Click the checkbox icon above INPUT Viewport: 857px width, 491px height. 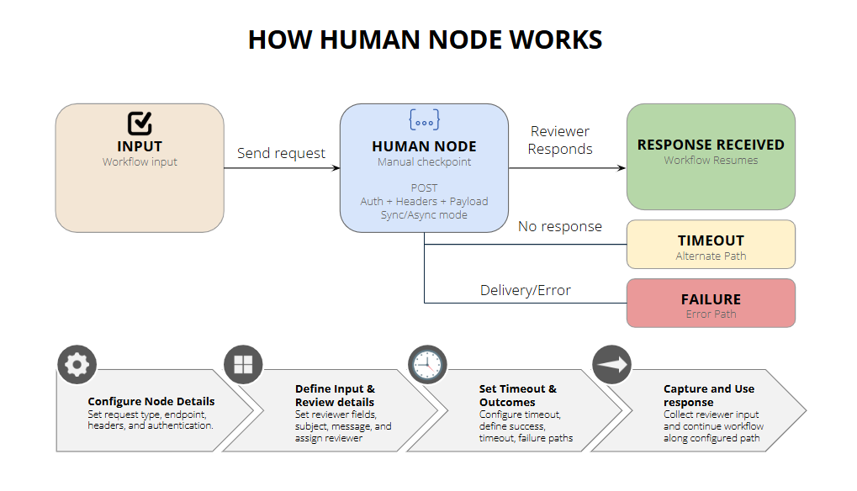click(x=140, y=124)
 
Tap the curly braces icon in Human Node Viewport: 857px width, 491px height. click(x=424, y=120)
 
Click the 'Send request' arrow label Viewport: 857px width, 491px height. click(x=281, y=153)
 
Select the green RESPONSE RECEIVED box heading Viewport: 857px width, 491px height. click(x=711, y=145)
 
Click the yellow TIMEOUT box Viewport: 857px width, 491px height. click(x=711, y=245)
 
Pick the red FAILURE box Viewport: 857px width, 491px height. click(x=711, y=303)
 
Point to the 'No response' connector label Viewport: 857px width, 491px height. click(x=559, y=226)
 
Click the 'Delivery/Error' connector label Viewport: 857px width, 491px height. click(x=525, y=290)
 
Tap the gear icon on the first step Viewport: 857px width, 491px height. click(x=77, y=364)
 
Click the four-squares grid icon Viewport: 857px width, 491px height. click(x=243, y=364)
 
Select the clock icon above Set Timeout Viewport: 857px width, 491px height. click(x=427, y=364)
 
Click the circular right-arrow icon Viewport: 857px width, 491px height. click(x=611, y=364)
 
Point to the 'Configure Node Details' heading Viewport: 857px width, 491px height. click(x=151, y=401)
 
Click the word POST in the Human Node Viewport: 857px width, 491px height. click(x=424, y=187)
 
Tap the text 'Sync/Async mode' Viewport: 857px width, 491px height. click(x=424, y=214)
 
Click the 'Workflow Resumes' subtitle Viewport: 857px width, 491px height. click(x=711, y=160)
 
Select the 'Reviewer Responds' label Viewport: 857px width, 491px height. click(x=559, y=140)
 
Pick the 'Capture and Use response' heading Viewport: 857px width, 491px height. click(x=708, y=395)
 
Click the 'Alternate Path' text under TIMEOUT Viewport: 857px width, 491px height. click(x=711, y=256)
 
